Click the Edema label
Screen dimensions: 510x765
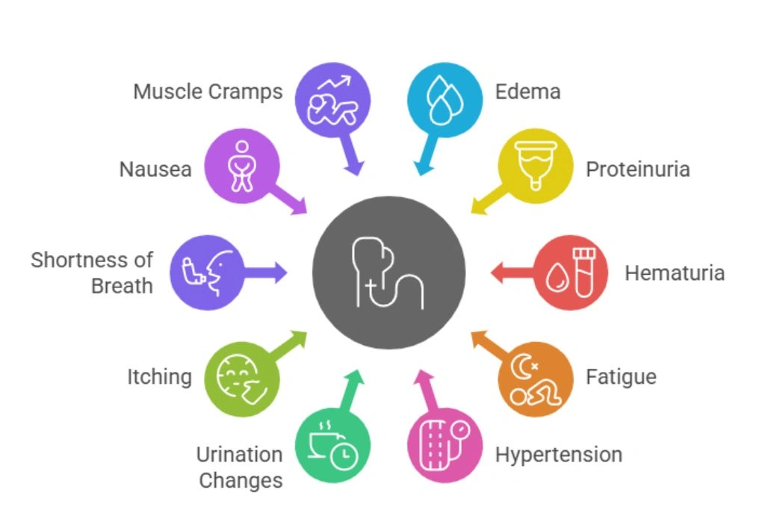pyautogui.click(x=527, y=92)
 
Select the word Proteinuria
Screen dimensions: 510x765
pyautogui.click(x=637, y=170)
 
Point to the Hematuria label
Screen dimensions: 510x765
pyautogui.click(x=674, y=273)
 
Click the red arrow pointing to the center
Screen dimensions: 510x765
pyautogui.click(x=512, y=273)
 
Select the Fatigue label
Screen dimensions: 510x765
pyautogui.click(x=621, y=376)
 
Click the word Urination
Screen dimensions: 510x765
pyautogui.click(x=239, y=454)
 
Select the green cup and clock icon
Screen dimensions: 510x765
pyautogui.click(x=332, y=448)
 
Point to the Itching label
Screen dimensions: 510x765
pyautogui.click(x=158, y=376)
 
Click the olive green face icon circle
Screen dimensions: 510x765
pyautogui.click(x=241, y=379)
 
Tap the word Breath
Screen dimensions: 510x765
pyautogui.click(x=122, y=286)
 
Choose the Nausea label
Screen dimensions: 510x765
pyautogui.click(x=155, y=170)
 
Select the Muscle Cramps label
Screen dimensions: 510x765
pyautogui.click(x=208, y=92)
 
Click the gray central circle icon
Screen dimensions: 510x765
pyautogui.click(x=388, y=273)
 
